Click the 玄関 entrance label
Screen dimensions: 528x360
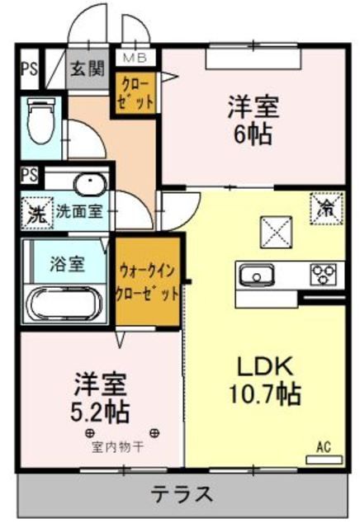pos(86,69)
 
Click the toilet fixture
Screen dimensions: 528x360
pos(38,122)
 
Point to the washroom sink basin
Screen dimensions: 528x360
pos(86,183)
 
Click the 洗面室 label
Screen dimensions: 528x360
pos(79,211)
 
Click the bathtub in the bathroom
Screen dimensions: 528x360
pos(66,302)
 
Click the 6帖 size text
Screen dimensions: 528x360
pos(253,134)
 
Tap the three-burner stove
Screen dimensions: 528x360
pos(327,274)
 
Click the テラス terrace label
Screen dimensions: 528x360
pos(182,495)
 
